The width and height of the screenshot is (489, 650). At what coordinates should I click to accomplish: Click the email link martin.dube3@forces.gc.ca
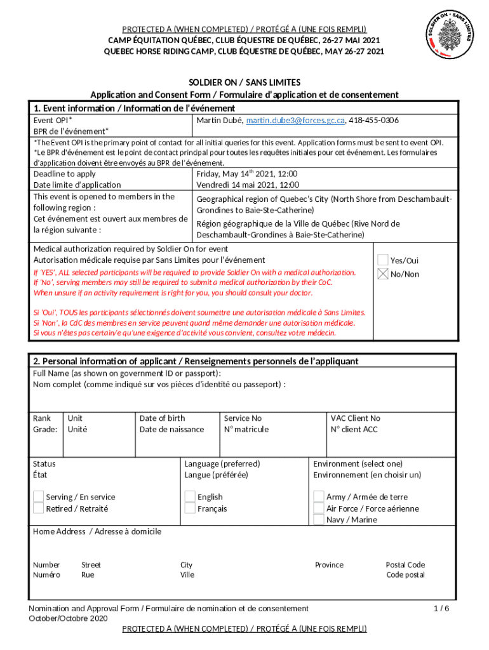tap(295, 120)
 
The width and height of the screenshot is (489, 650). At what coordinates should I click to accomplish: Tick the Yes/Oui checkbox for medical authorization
tap(383, 260)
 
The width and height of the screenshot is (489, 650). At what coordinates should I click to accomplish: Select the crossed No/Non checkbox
tap(383, 274)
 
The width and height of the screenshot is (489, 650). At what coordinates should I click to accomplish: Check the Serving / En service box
tap(39, 496)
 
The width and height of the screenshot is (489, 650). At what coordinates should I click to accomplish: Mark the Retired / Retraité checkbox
tap(39, 508)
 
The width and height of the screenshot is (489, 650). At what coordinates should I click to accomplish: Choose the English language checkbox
tap(190, 496)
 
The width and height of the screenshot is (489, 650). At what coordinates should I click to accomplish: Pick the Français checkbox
tap(190, 508)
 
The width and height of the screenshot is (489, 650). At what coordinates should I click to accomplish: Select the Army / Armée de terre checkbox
tap(319, 496)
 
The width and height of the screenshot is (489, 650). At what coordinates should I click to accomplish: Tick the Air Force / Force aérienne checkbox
tap(319, 508)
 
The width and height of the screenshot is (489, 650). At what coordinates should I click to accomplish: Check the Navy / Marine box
tap(319, 520)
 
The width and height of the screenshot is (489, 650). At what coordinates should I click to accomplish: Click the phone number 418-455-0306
tap(375, 120)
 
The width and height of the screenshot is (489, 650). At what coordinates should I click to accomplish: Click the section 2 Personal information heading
tap(196, 361)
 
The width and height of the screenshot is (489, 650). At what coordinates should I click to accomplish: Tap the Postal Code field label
tap(405, 565)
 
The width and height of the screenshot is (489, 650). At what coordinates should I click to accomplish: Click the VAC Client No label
tap(356, 418)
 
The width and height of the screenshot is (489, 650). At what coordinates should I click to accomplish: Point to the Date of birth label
tap(163, 418)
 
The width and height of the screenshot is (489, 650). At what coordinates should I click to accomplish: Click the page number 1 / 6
tap(441, 608)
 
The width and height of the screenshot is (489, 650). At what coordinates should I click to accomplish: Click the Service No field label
tap(243, 418)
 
